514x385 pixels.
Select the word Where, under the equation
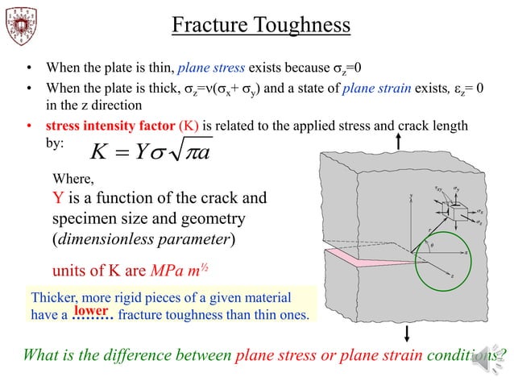(x=73, y=180)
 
